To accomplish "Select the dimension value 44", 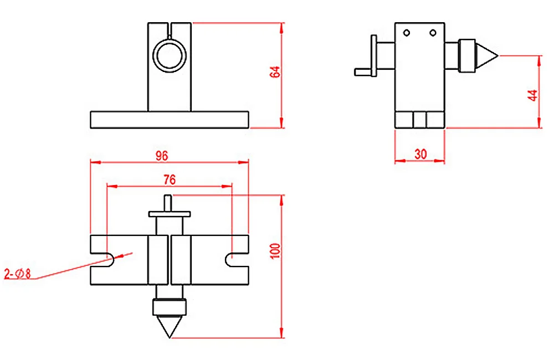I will point(533,95).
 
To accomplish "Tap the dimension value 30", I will point(420,155).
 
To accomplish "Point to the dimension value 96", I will point(161,156).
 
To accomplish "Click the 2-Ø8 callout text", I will point(18,273).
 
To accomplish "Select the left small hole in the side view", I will point(407,33).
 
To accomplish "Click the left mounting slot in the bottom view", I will point(108,259).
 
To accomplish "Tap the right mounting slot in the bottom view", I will point(230,259).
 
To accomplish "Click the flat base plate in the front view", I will point(169,119).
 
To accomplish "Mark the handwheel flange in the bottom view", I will point(170,213).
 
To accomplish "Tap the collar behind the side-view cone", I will point(469,55).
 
